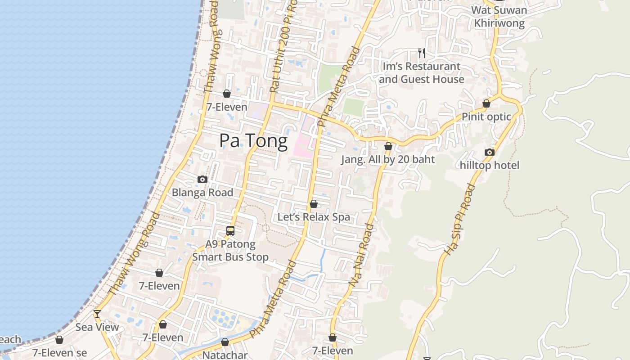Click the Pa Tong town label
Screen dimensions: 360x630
253,141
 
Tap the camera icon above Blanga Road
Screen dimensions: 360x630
202,179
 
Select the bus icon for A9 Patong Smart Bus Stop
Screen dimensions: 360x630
230,231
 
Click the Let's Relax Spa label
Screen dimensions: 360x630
314,217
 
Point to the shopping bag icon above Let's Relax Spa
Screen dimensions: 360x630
314,204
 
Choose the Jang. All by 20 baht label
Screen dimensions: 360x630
388,159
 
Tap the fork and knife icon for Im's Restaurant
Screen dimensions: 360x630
422,53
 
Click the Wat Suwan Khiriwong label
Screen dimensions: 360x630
498,17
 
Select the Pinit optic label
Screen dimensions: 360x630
486,117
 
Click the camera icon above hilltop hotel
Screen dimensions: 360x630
490,152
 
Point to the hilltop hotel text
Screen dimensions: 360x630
490,165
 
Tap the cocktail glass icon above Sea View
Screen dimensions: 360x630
97,314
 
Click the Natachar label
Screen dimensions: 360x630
225,355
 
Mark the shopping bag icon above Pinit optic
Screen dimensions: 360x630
486,103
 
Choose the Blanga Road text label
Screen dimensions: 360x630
202,193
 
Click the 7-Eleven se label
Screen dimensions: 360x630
59,353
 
